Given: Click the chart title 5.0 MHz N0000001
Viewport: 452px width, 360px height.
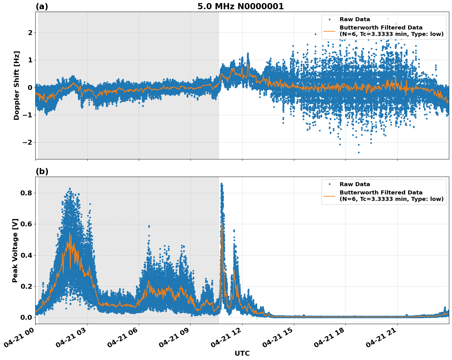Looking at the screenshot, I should [x=240, y=6].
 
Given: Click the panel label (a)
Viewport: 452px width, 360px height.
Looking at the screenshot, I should [x=42, y=6].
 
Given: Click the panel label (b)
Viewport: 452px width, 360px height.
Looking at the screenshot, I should [x=42, y=171].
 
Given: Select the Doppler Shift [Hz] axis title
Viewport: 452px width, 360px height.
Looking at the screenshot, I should [x=17, y=85].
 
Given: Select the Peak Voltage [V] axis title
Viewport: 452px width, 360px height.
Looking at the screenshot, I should [x=15, y=250].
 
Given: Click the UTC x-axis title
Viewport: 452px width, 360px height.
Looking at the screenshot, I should [x=242, y=353].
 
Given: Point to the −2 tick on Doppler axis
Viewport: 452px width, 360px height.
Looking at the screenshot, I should [x=27, y=143].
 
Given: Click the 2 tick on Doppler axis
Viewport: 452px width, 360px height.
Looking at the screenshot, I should [x=30, y=33].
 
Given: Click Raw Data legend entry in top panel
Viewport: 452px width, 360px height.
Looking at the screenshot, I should [x=355, y=19].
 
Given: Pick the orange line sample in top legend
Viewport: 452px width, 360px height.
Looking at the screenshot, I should [x=329, y=31].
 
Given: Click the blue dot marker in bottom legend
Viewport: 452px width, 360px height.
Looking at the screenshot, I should [x=329, y=184].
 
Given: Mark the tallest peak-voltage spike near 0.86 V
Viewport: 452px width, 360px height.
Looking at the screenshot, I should [x=221, y=184].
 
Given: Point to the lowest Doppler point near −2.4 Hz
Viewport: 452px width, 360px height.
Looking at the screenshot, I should [x=358, y=152].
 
